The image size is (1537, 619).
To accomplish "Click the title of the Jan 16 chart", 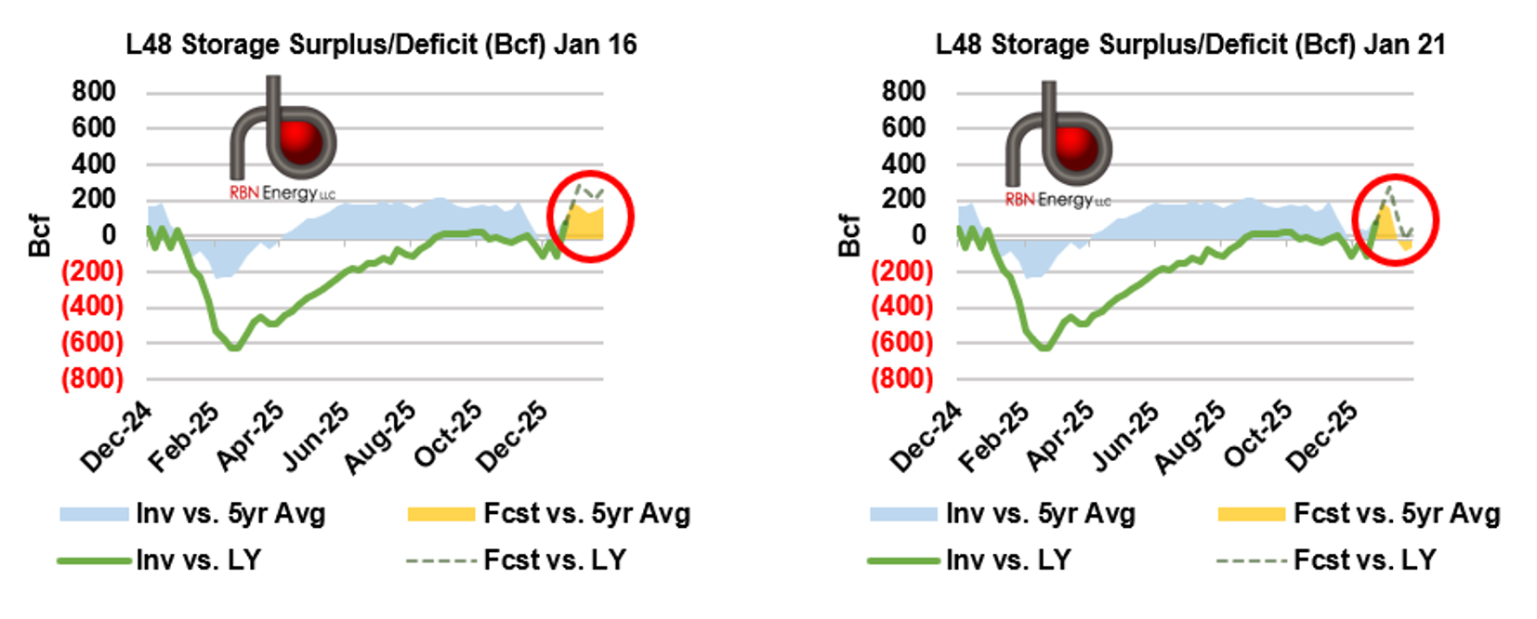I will pyautogui.click(x=381, y=45).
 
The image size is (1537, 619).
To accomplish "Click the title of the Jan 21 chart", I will pyautogui.click(x=1190, y=45).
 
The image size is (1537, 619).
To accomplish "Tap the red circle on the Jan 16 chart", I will pyautogui.click(x=590, y=216).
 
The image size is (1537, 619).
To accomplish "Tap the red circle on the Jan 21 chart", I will pyautogui.click(x=1395, y=219).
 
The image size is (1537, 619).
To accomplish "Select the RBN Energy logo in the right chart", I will pyautogui.click(x=1058, y=146).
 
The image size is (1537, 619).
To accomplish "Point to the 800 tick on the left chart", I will pyautogui.click(x=94, y=91).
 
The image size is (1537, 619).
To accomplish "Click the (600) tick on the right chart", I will pyautogui.click(x=901, y=342).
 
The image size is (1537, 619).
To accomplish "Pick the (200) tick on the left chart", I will pyautogui.click(x=92, y=270).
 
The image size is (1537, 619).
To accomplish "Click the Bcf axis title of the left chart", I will pyautogui.click(x=39, y=235).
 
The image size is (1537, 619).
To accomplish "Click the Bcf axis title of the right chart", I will pyautogui.click(x=849, y=235).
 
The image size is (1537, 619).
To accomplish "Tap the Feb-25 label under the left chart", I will pyautogui.click(x=185, y=437).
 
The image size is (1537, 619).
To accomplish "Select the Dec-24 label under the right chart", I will pyautogui.click(x=926, y=439).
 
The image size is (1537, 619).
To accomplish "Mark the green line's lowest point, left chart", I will pyautogui.click(x=234, y=349).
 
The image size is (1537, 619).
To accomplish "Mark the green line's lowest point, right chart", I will pyautogui.click(x=1044, y=349).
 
